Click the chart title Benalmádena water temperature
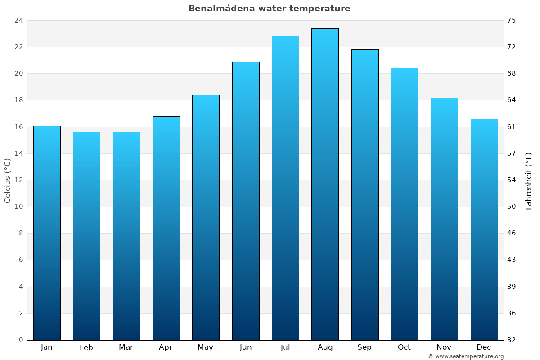(269, 9)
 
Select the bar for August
(325, 184)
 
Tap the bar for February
(86, 236)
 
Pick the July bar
(285, 188)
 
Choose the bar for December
(484, 229)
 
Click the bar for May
(206, 217)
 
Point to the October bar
(405, 204)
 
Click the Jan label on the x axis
(47, 347)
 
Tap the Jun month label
(246, 347)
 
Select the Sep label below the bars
(364, 347)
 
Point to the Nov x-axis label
(444, 347)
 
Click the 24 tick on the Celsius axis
(18, 20)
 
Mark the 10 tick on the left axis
(18, 207)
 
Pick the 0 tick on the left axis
(21, 340)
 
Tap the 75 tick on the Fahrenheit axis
(512, 20)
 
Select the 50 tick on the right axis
(512, 207)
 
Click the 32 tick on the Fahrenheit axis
(512, 340)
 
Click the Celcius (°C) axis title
(7, 180)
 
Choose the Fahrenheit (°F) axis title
(529, 180)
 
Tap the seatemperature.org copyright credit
(466, 356)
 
